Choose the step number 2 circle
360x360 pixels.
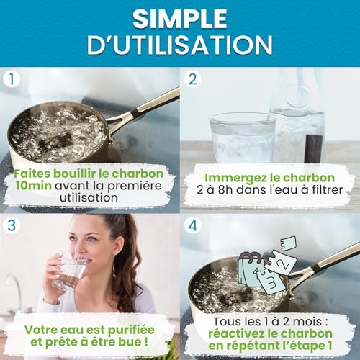(x=193, y=80)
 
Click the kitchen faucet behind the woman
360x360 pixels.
(x=14, y=288)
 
